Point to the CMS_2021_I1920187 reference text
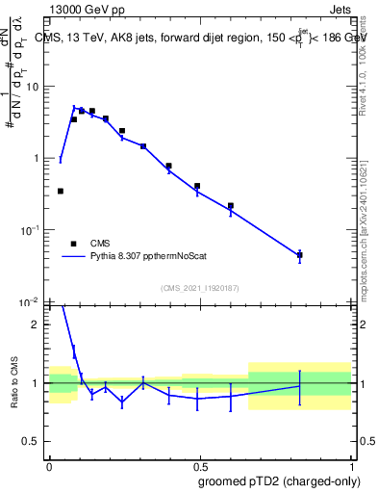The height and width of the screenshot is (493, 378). coord(200,287)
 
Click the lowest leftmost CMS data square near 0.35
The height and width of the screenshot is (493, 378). coord(61,191)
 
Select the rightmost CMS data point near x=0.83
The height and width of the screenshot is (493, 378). coord(300,255)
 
